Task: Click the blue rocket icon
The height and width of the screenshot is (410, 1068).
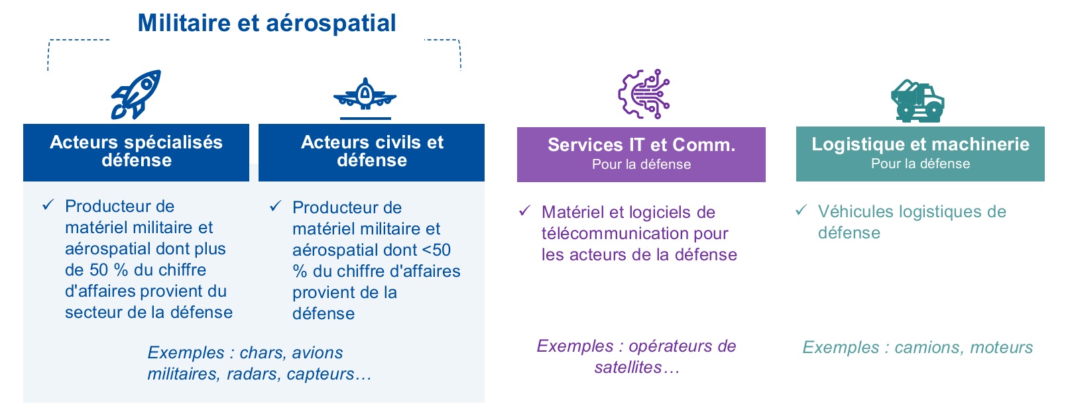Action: [x=136, y=94]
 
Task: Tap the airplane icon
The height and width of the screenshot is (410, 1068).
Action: [x=365, y=97]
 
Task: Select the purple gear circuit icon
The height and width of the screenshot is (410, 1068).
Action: [x=644, y=94]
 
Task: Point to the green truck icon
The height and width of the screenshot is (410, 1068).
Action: [x=918, y=101]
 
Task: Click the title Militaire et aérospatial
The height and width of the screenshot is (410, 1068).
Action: [x=267, y=23]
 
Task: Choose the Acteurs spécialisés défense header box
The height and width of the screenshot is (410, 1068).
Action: [x=136, y=152]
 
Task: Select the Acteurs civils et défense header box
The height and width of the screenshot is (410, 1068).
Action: [x=371, y=152]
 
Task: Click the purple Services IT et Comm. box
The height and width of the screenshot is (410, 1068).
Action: [x=641, y=154]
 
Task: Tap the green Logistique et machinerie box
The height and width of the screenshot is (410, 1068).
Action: [x=920, y=154]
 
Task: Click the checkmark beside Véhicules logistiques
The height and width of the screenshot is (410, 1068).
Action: [x=801, y=209]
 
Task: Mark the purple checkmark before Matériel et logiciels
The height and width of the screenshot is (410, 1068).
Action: [x=524, y=211]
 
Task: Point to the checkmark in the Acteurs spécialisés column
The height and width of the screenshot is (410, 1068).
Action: [x=48, y=205]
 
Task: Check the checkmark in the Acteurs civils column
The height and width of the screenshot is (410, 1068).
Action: [x=275, y=206]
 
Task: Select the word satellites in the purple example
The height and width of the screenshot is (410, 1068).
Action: [x=628, y=367]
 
